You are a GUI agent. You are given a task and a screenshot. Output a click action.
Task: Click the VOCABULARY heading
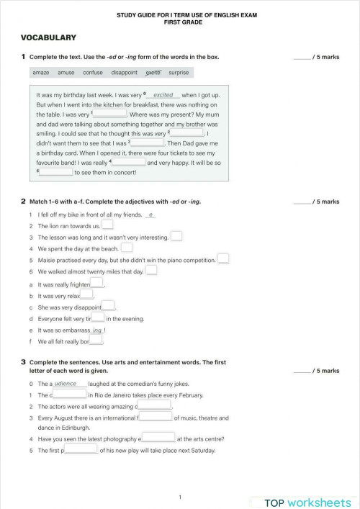pos(48,37)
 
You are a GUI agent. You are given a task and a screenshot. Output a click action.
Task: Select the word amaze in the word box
pos(40,73)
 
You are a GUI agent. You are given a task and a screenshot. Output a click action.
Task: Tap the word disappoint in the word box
pos(124,73)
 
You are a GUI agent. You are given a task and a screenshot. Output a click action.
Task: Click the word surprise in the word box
pos(179,73)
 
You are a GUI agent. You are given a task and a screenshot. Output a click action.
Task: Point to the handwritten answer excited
pos(163,95)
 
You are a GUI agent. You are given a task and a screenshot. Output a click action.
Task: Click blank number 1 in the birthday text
pos(110,114)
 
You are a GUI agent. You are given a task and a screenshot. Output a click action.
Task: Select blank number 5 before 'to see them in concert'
pos(55,172)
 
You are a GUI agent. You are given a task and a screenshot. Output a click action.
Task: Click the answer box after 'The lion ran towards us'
pos(107,225)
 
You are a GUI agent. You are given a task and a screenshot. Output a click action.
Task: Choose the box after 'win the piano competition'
pos(223,259)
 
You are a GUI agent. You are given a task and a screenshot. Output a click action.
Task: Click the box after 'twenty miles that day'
pos(151,271)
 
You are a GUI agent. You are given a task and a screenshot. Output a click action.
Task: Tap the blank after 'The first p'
pos(81,450)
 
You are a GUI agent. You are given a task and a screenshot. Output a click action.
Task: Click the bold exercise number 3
pos(23,362)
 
